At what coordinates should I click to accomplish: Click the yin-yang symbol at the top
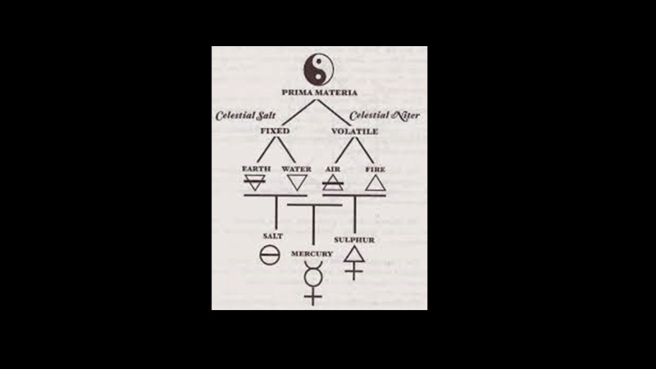pyautogui.click(x=318, y=69)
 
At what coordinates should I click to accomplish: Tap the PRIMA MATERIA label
pyautogui.click(x=319, y=92)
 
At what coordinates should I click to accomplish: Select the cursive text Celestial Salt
pyautogui.click(x=245, y=115)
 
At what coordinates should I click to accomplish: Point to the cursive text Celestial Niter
pyautogui.click(x=384, y=115)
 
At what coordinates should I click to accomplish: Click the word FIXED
pyautogui.click(x=275, y=131)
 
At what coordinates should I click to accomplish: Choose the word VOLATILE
pyautogui.click(x=354, y=131)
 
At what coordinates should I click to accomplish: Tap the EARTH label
pyautogui.click(x=256, y=168)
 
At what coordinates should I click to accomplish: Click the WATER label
pyautogui.click(x=296, y=169)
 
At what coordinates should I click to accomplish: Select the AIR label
pyautogui.click(x=332, y=169)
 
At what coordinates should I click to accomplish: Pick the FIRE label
pyautogui.click(x=375, y=169)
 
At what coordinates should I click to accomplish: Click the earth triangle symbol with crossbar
pyautogui.click(x=254, y=183)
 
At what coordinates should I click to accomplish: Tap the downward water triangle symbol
pyautogui.click(x=297, y=183)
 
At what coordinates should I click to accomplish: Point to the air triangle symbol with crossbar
pyautogui.click(x=333, y=183)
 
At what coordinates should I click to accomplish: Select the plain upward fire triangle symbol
pyautogui.click(x=375, y=183)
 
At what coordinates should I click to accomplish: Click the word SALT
pyautogui.click(x=273, y=236)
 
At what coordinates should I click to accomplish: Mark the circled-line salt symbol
pyautogui.click(x=270, y=255)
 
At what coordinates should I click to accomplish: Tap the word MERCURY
pyautogui.click(x=312, y=254)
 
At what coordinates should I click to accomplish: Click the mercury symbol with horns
pyautogui.click(x=313, y=283)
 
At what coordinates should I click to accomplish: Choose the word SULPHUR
pyautogui.click(x=354, y=240)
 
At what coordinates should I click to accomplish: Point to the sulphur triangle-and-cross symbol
pyautogui.click(x=354, y=263)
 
